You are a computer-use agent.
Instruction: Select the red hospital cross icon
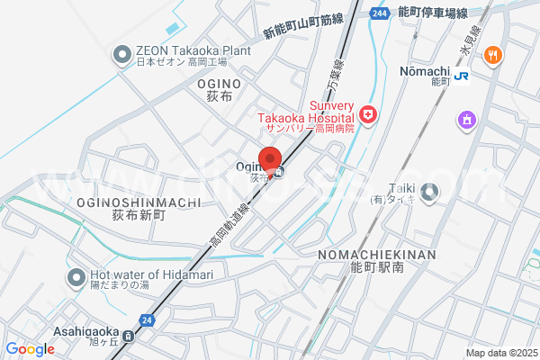click(367, 114)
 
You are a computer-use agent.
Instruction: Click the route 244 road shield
click(379, 13)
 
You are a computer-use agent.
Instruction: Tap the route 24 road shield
click(146, 319)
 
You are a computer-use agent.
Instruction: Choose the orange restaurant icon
click(492, 56)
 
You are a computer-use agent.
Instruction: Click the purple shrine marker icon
click(466, 119)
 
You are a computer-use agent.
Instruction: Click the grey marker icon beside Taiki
click(430, 191)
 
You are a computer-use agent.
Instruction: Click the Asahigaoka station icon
click(129, 337)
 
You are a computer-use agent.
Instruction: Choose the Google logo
click(30, 349)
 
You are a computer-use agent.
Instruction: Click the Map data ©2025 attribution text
click(500, 353)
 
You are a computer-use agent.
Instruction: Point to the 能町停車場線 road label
click(433, 13)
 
